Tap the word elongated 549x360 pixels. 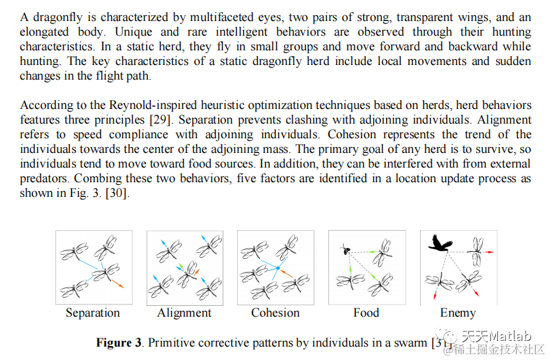[48, 31]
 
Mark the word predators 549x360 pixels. [46, 179]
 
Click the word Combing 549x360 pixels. [105, 179]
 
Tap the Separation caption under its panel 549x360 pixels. [92, 313]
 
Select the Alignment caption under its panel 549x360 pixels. [184, 313]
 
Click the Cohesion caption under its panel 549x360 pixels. [275, 313]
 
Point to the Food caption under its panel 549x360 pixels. [366, 313]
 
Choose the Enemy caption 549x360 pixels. [458, 313]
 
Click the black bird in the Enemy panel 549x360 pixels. [441, 243]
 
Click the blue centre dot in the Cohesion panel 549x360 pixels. [278, 267]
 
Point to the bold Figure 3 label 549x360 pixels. [119, 343]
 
